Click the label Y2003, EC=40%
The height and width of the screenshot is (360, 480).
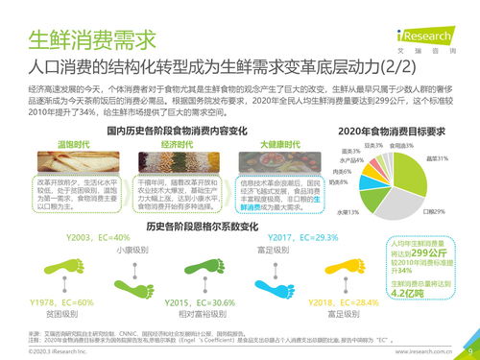click(98, 237)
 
